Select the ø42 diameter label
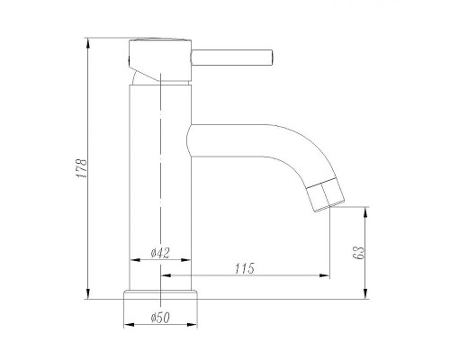[159, 254]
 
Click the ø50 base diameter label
[160, 317]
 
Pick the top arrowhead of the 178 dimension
[88, 44]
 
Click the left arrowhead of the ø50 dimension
[126, 326]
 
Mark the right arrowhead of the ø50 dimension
[194, 326]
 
